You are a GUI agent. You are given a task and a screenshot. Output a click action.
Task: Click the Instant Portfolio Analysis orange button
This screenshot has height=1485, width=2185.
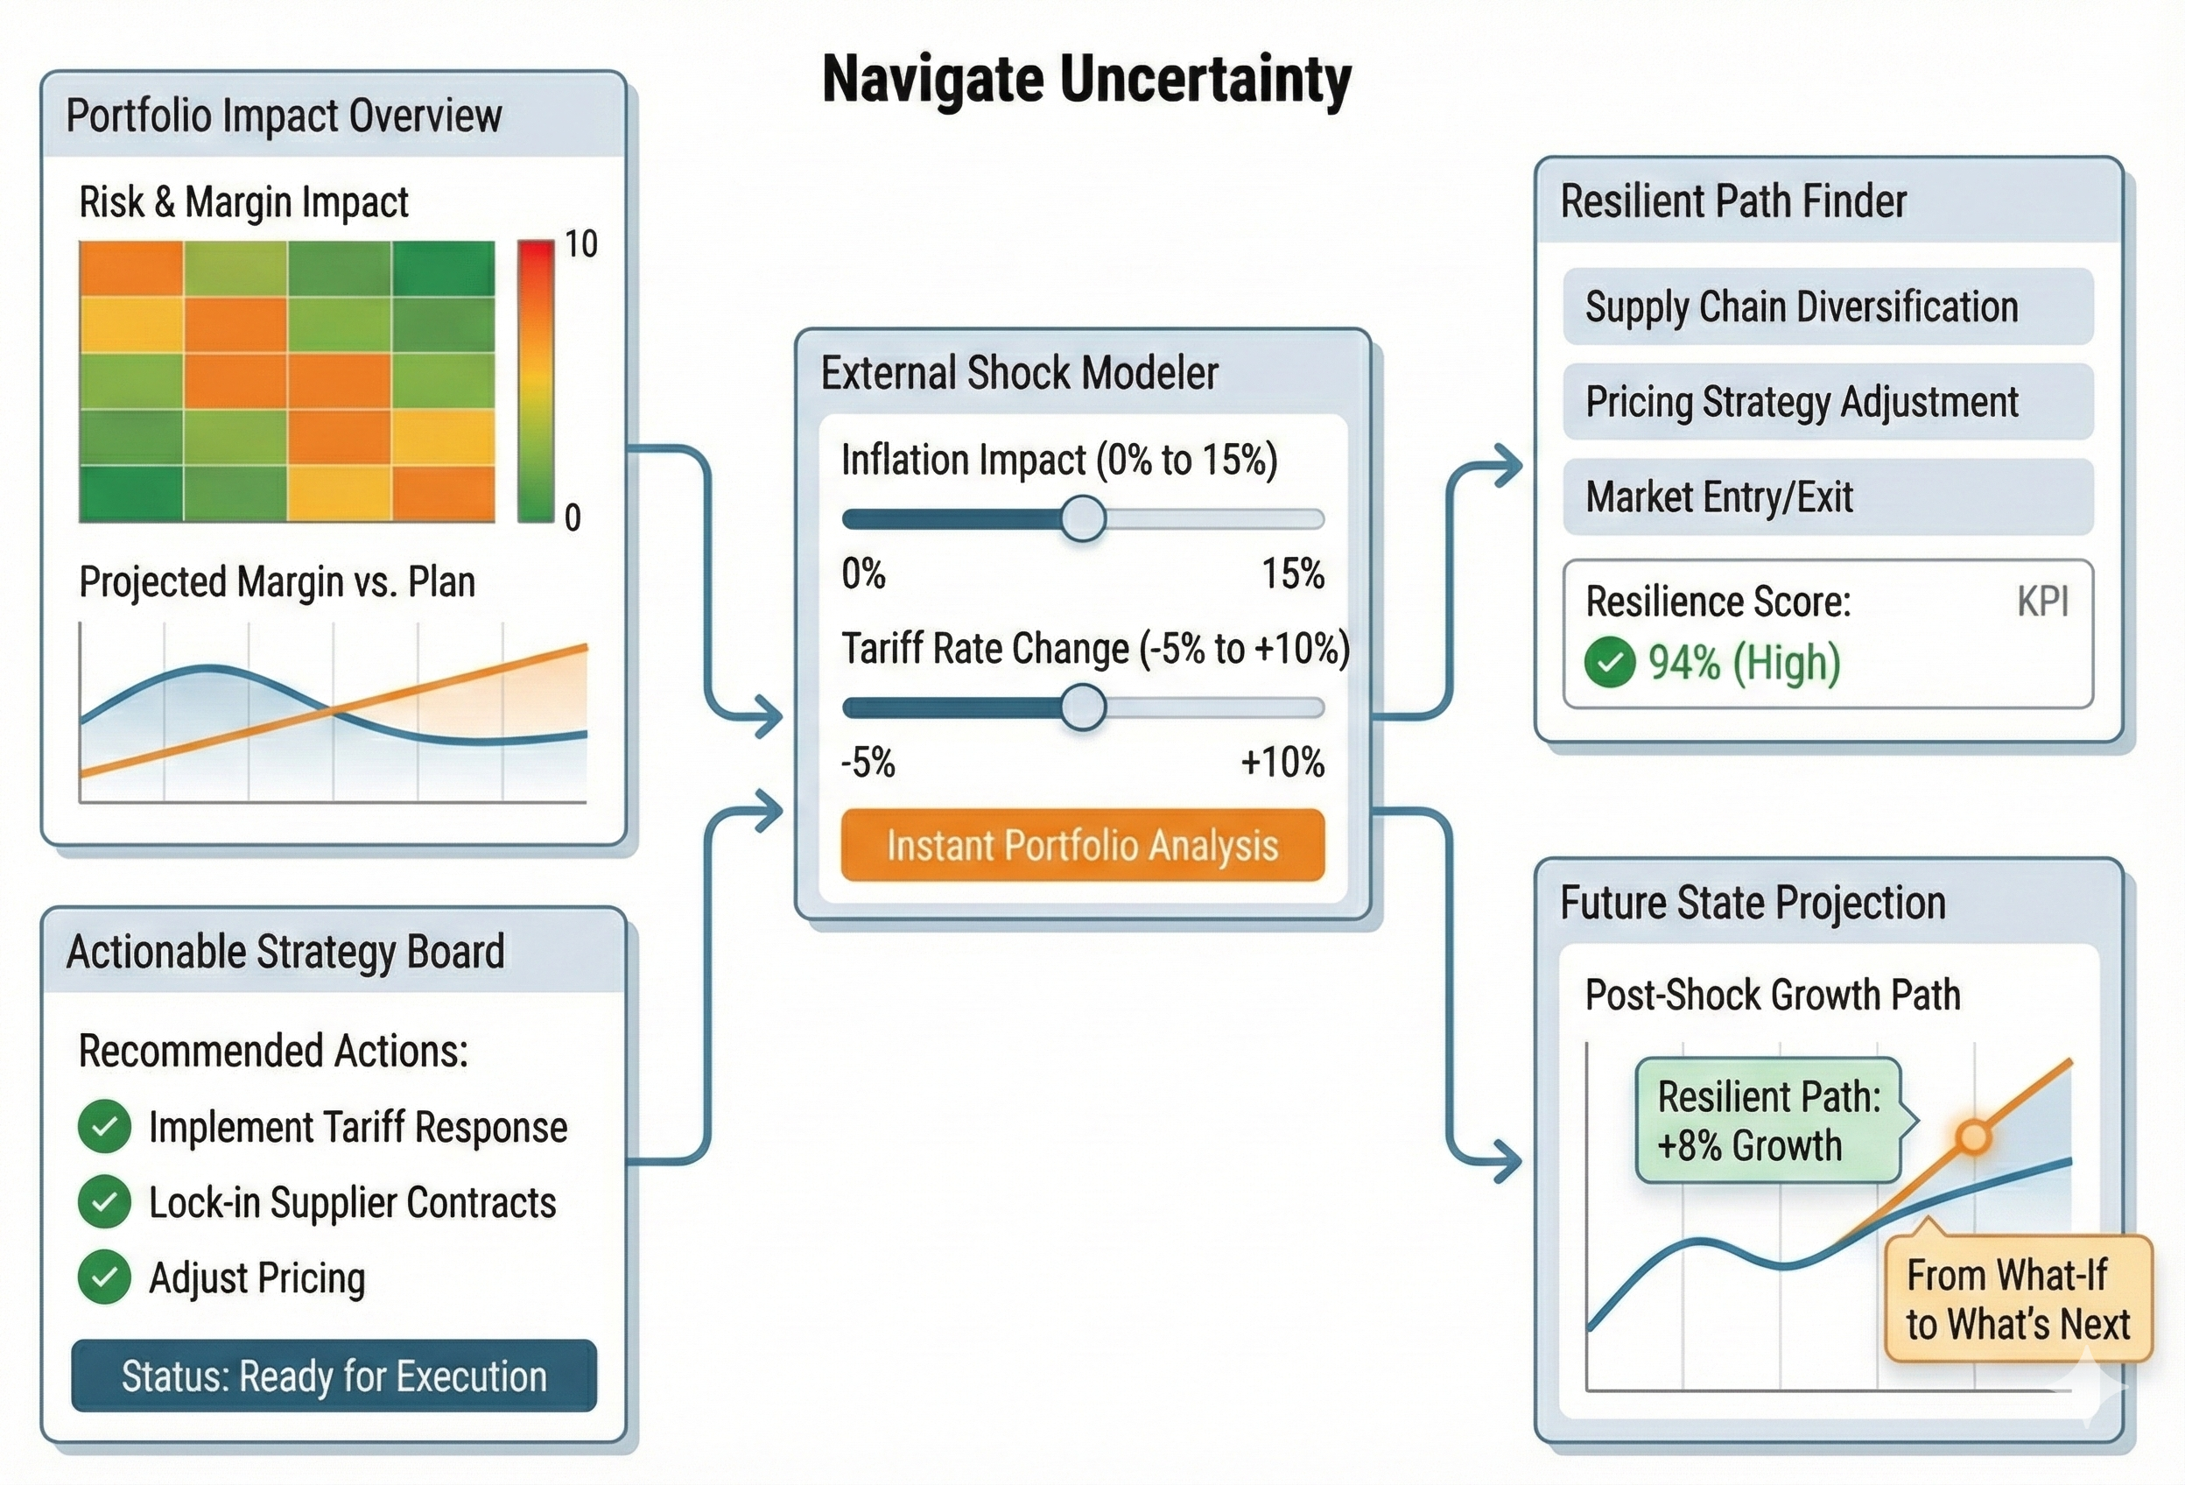(1082, 845)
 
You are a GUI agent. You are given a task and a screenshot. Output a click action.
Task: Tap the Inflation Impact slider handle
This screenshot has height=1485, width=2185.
(1082, 518)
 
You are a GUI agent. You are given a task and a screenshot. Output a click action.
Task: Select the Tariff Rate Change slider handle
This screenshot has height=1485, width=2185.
(1082, 707)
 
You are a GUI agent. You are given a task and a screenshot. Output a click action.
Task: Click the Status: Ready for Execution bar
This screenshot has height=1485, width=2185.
(334, 1376)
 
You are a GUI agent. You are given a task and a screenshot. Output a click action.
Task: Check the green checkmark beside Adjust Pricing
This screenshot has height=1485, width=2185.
(104, 1277)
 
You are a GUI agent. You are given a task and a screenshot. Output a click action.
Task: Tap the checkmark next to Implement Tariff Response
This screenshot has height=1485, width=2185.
(104, 1126)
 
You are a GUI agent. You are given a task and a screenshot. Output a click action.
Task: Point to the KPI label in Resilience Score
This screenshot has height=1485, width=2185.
(2042, 602)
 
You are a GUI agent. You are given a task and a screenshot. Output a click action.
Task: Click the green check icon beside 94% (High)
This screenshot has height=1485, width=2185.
(1610, 662)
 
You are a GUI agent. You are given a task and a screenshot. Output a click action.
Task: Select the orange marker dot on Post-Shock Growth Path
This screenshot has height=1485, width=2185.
(1972, 1137)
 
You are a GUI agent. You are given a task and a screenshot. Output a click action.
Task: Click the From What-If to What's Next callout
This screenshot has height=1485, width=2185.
(2018, 1299)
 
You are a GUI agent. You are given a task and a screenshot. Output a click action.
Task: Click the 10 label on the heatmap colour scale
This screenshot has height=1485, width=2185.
(581, 244)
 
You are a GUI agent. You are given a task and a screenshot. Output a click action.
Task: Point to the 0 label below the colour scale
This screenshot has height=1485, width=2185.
(573, 517)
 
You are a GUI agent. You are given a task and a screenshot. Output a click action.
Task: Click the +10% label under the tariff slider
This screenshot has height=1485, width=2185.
(1282, 762)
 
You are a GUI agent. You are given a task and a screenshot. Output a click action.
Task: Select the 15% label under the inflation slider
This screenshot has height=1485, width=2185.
(1293, 574)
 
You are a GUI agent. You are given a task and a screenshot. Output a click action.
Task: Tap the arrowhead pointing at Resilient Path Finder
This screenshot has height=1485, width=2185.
(1510, 466)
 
